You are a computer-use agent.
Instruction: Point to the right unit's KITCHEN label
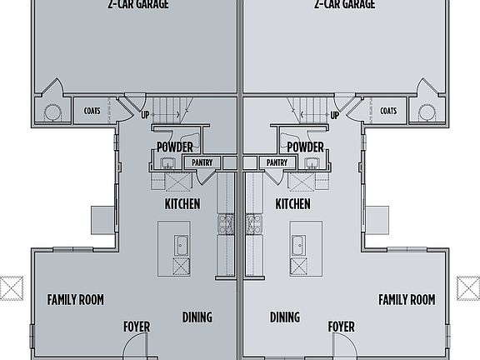(x=292, y=204)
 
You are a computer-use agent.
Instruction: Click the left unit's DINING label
(x=197, y=317)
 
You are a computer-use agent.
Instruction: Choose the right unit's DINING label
(x=285, y=317)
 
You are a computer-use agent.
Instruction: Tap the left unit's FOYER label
(x=137, y=327)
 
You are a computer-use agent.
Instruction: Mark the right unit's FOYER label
(x=341, y=327)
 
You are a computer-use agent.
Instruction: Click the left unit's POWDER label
(x=174, y=148)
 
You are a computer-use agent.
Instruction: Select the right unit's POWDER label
(x=305, y=148)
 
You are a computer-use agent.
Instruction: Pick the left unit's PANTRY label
(x=202, y=162)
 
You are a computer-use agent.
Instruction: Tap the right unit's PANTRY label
(x=278, y=162)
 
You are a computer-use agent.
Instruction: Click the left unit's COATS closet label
(x=92, y=110)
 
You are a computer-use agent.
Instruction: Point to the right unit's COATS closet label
(x=388, y=110)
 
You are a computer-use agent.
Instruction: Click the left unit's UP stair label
(x=146, y=115)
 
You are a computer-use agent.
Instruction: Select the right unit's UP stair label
(x=334, y=115)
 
